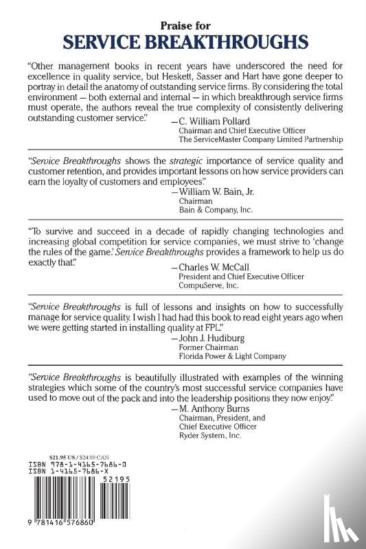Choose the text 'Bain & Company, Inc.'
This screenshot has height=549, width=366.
click(213, 213)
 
